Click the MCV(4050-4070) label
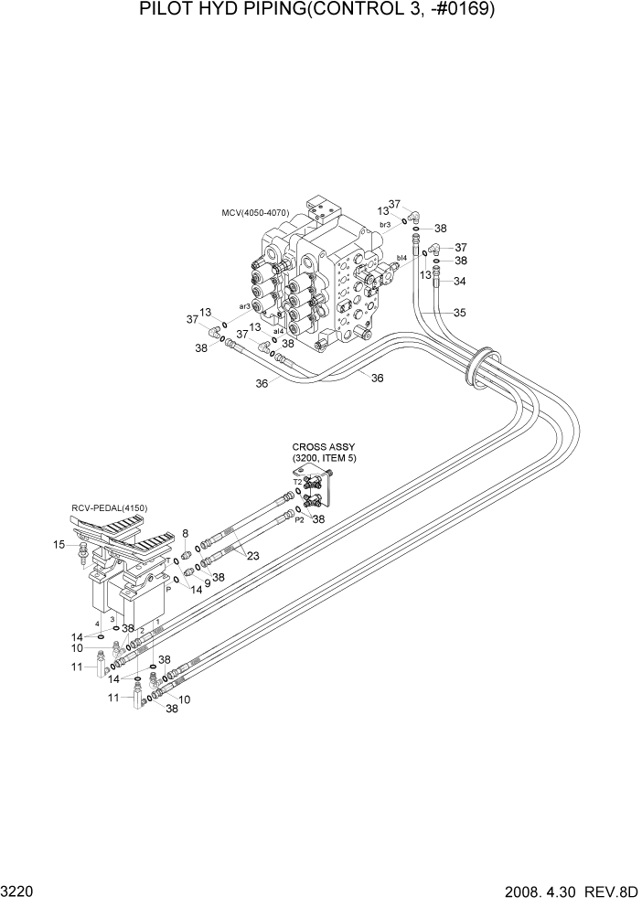(x=255, y=213)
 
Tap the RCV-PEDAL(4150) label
(x=109, y=508)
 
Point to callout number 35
(x=459, y=313)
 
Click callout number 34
(x=459, y=281)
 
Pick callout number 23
(x=252, y=555)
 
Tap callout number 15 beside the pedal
(x=59, y=545)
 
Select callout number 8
(x=185, y=533)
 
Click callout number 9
(x=208, y=583)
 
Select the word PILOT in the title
(x=168, y=11)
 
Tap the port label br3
(x=385, y=225)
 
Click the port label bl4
(x=401, y=259)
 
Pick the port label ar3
(x=245, y=306)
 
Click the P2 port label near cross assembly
(x=299, y=518)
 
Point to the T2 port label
(x=297, y=481)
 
